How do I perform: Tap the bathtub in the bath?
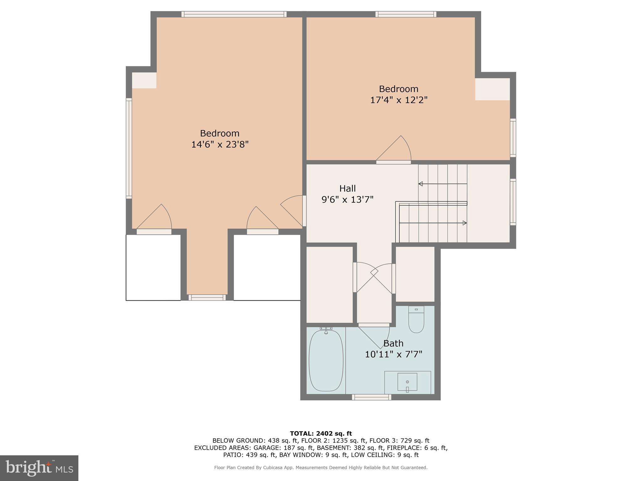click(x=326, y=361)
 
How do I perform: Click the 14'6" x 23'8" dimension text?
click(x=220, y=145)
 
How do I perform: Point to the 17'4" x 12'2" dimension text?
click(x=399, y=100)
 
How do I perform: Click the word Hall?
click(x=347, y=189)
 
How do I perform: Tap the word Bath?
click(x=393, y=344)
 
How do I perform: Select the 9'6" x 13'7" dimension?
click(x=347, y=199)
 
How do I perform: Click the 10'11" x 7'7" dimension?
click(x=393, y=354)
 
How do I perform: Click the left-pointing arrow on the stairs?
click(x=421, y=184)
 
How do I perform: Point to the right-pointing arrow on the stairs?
click(x=464, y=223)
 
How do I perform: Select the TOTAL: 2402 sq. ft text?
click(x=321, y=434)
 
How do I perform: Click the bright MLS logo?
click(x=39, y=468)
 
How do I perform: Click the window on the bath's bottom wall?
click(x=371, y=397)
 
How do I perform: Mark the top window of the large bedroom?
click(x=234, y=14)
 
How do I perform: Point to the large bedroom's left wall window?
click(x=129, y=148)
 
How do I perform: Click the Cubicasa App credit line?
click(x=321, y=468)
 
